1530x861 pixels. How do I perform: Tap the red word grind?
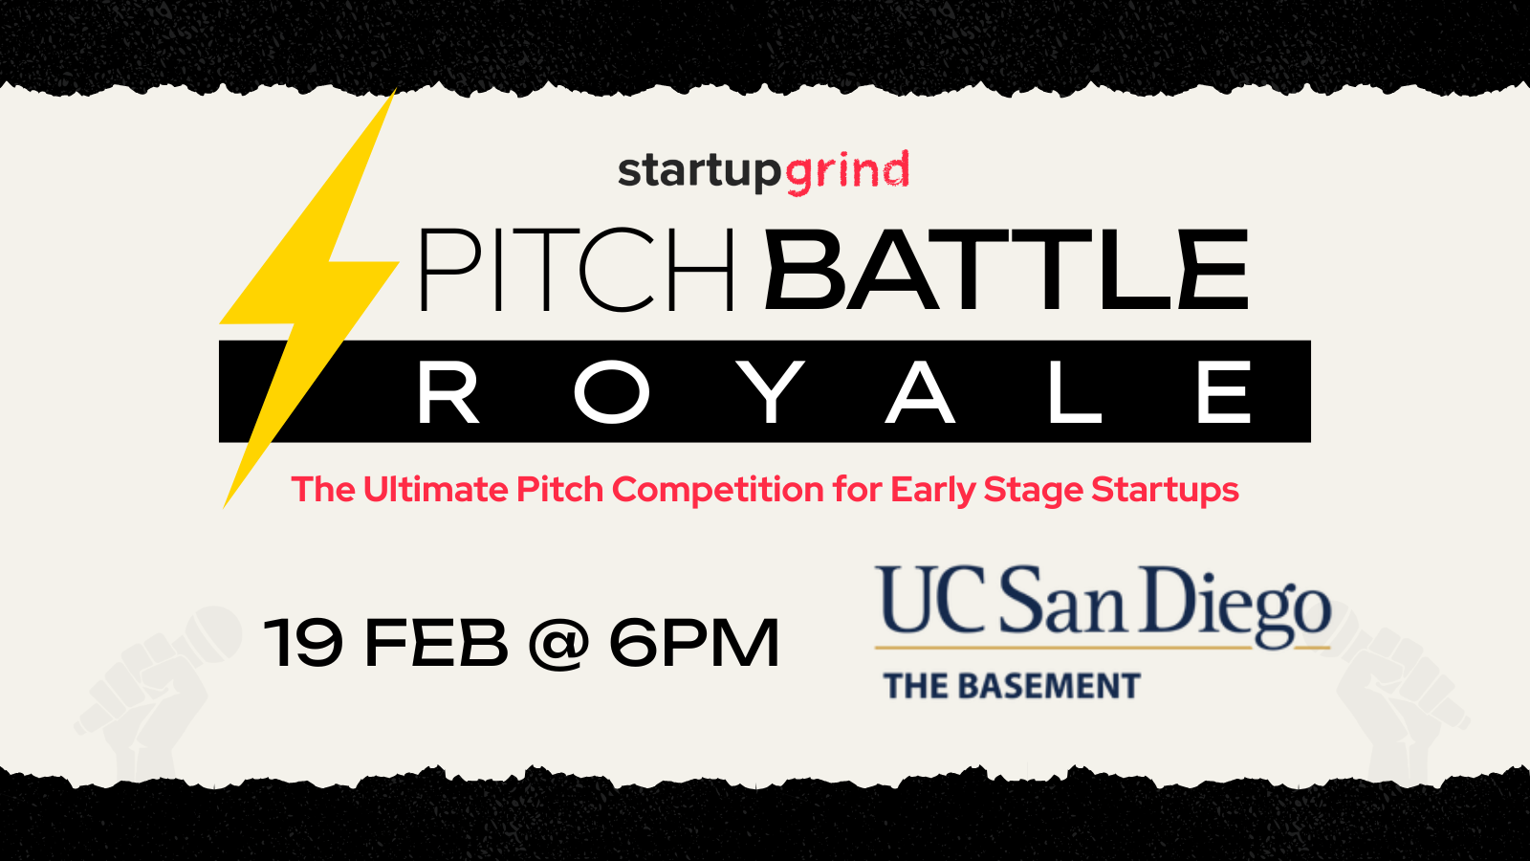847,172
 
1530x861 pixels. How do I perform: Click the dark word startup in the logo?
699,172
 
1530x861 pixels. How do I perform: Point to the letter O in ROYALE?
611,391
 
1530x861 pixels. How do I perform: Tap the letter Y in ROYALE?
773,391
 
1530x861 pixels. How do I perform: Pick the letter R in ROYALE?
448,391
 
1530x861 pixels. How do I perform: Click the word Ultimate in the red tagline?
435,489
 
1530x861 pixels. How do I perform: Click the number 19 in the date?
303,642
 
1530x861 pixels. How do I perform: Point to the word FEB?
437,642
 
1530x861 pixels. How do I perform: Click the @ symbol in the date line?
558,644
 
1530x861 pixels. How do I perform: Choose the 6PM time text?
694,642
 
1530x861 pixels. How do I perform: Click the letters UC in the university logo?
932,600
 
